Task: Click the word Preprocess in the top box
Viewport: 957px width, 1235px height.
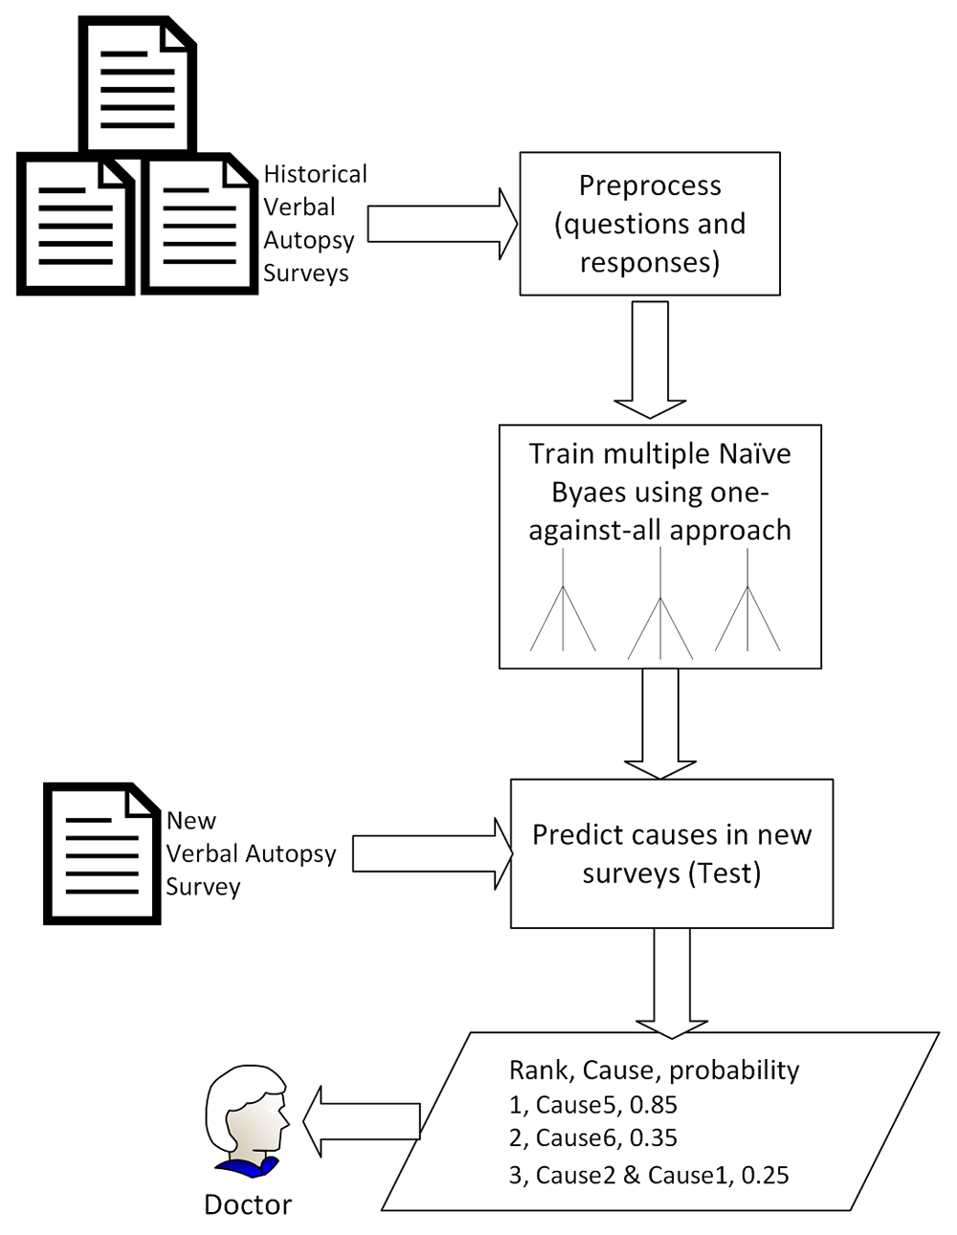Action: coord(650,186)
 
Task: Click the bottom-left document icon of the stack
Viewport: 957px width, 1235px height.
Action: coord(76,225)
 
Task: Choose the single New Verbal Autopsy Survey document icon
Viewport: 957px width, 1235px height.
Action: coord(101,853)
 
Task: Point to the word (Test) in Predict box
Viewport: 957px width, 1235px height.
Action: coord(723,872)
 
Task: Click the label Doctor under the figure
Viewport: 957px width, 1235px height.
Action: coord(247,1204)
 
